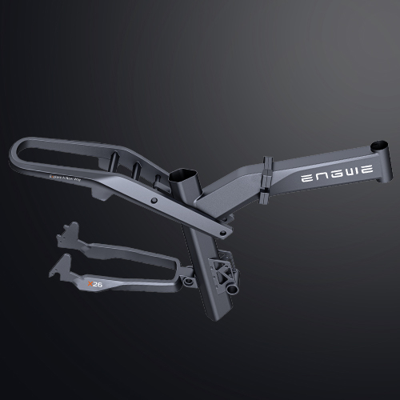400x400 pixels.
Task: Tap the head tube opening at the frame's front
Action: (379, 148)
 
